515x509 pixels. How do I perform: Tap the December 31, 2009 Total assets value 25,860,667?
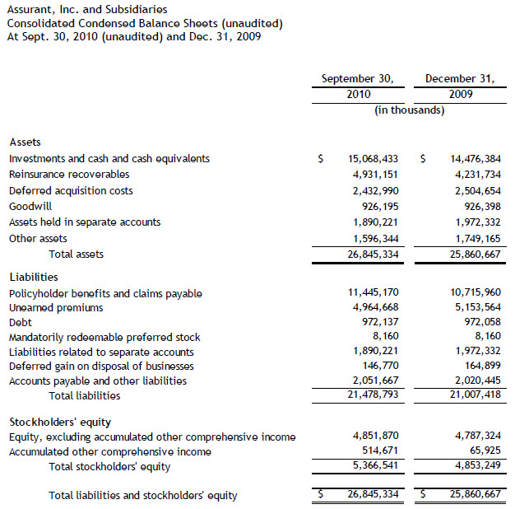(469, 254)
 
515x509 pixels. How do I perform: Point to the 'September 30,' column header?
(357, 79)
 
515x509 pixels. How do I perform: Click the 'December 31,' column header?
(459, 79)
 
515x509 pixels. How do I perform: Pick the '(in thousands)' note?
(409, 110)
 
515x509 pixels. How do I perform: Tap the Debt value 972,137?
(373, 323)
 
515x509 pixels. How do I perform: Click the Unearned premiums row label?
(56, 308)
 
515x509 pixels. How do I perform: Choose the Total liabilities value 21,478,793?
(367, 396)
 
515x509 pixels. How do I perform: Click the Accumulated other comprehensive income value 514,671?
(373, 452)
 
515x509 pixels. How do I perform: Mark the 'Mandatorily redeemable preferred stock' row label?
(104, 337)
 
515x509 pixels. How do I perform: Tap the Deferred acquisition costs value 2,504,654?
(472, 190)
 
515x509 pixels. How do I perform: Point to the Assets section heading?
(25, 142)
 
